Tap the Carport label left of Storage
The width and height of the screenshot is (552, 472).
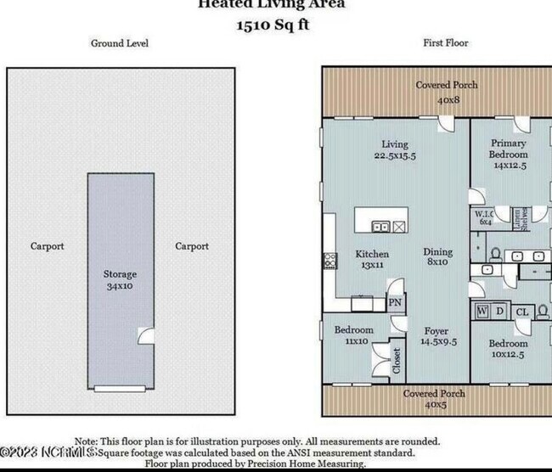(48, 247)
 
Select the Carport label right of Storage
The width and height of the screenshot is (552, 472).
(192, 247)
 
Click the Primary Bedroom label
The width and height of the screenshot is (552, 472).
(508, 149)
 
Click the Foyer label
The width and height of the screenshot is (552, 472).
(436, 336)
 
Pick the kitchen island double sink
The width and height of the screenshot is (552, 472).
(382, 227)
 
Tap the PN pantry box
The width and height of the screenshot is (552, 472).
(394, 302)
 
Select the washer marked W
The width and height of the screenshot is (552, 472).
(482, 312)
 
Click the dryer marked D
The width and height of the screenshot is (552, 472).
(499, 312)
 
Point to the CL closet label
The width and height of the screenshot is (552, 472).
(522, 312)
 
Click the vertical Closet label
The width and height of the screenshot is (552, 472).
(397, 361)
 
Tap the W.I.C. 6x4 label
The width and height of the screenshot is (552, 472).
(485, 217)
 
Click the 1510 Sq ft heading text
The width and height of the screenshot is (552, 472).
(273, 25)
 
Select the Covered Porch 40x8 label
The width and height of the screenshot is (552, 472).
(446, 92)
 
